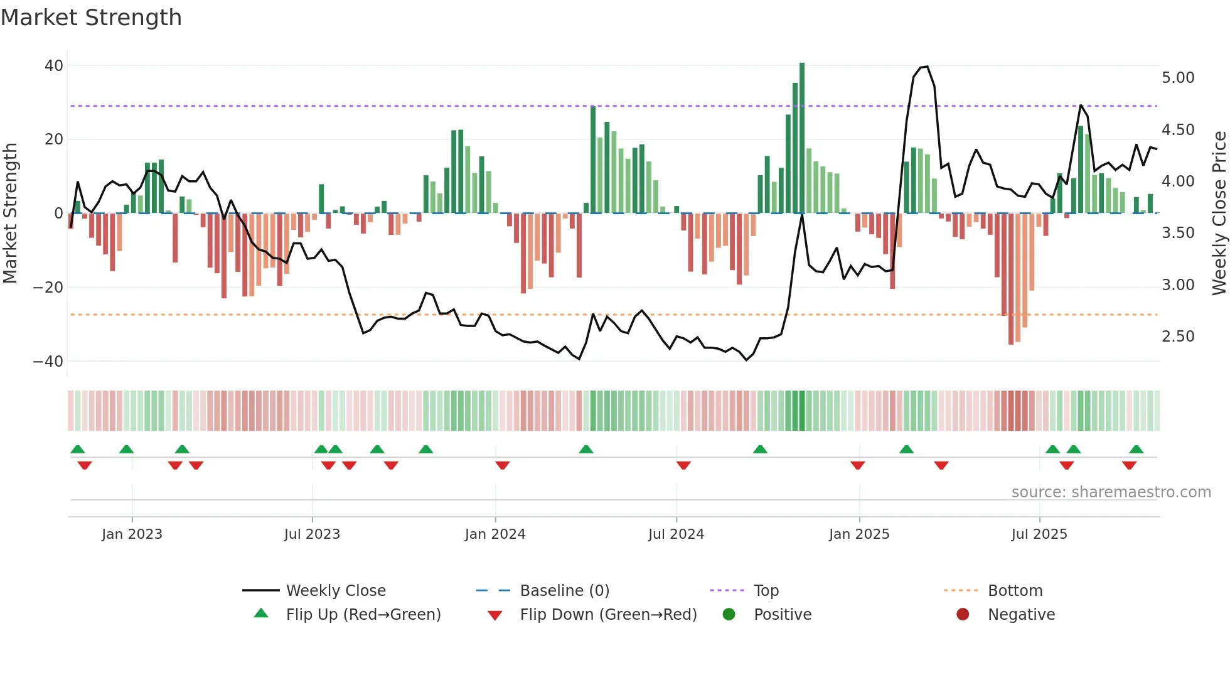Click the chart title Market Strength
91,18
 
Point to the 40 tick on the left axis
54,66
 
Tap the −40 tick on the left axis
48,362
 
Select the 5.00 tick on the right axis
1178,78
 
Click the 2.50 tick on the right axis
1178,337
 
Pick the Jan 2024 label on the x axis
495,534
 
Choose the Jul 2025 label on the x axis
1039,534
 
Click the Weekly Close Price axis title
1219,214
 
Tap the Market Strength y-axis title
11,214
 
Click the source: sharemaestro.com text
1111,492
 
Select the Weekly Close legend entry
336,591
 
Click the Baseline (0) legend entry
564,591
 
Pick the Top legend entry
766,591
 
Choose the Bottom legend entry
1015,591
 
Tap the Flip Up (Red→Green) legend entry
363,615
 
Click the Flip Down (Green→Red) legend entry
608,615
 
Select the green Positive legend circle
729,615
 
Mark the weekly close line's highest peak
927,67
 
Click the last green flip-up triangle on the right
1136,450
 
